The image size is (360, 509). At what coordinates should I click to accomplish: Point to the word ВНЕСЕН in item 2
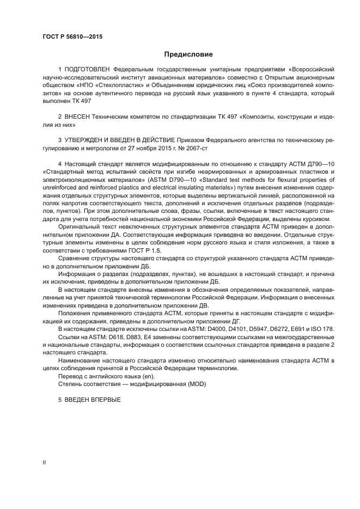pos(81,117)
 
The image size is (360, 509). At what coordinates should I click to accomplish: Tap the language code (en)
pos(147,376)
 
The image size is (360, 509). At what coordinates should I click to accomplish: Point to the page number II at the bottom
pos(44,462)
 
